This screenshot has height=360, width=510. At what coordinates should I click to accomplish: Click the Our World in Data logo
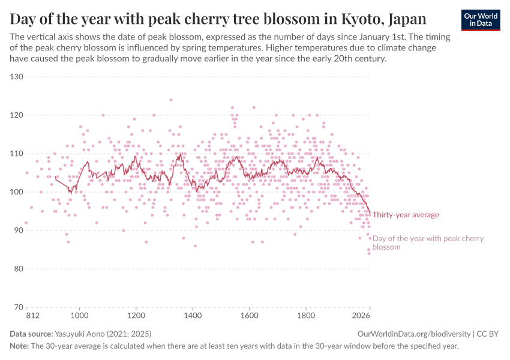(x=480, y=20)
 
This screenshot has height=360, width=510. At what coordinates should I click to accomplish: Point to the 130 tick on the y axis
(x=16, y=77)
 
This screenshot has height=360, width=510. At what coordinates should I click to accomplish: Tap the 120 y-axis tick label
(x=16, y=115)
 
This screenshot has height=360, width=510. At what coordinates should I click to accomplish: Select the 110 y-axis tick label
(x=16, y=154)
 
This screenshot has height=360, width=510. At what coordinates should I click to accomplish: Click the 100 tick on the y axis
(x=16, y=192)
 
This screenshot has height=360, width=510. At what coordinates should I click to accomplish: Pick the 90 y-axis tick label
(x=17, y=230)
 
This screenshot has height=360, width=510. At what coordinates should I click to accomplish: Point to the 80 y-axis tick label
(x=17, y=269)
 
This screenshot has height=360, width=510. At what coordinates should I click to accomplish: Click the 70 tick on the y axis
(x=17, y=307)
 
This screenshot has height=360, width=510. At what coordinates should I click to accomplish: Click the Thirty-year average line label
(x=406, y=215)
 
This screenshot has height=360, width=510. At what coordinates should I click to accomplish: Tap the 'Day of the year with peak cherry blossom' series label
(x=428, y=242)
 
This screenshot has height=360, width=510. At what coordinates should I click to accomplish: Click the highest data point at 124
(x=171, y=100)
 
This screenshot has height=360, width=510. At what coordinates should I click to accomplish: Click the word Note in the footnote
(x=19, y=346)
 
